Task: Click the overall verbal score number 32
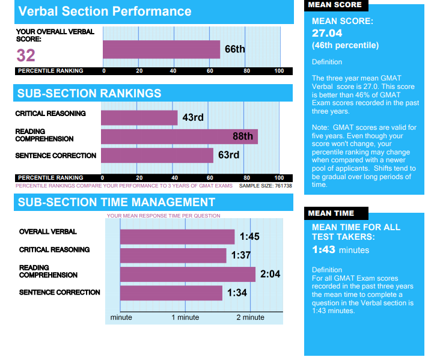[x=26, y=56]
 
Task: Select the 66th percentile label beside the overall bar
[x=234, y=49]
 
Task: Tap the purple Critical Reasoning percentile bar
[x=139, y=117]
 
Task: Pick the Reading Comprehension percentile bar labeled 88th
[x=179, y=136]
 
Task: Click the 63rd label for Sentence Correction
[x=228, y=155]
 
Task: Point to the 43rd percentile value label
[x=192, y=117]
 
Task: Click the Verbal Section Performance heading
[x=105, y=11]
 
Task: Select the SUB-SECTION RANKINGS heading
[x=89, y=93]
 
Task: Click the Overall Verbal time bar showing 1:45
[x=177, y=236]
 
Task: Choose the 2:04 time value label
[x=270, y=275]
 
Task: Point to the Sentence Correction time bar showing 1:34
[x=171, y=293]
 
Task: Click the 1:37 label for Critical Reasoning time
[x=241, y=255]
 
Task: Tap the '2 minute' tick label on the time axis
[x=250, y=317]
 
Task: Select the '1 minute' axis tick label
[x=185, y=317]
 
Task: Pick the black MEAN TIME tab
[x=331, y=213]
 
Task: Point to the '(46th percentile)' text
[x=345, y=45]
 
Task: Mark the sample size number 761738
[x=279, y=186]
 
